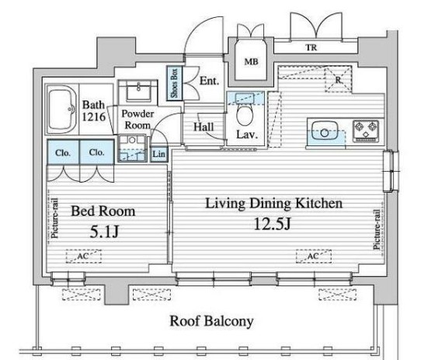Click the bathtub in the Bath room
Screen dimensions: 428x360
click(x=61, y=110)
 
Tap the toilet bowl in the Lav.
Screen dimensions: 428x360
click(x=245, y=116)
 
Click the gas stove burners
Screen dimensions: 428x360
click(x=366, y=131)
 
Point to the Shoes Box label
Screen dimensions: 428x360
click(x=174, y=83)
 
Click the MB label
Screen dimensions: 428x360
click(x=251, y=61)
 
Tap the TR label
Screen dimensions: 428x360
click(x=311, y=47)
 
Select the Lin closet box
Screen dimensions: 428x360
click(x=158, y=154)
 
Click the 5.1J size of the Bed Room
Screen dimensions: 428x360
click(x=104, y=232)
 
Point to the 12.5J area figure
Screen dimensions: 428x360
click(x=272, y=224)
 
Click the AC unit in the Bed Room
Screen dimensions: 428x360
click(x=84, y=257)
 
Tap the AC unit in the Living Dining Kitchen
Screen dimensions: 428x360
click(x=314, y=257)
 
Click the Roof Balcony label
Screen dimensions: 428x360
click(x=211, y=321)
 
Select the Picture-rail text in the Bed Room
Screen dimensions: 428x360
click(x=54, y=218)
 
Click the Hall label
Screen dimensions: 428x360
click(x=204, y=127)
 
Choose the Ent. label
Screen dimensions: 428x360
click(x=210, y=81)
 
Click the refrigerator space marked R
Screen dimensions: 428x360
click(x=338, y=79)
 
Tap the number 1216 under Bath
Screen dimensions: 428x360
click(x=94, y=117)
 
